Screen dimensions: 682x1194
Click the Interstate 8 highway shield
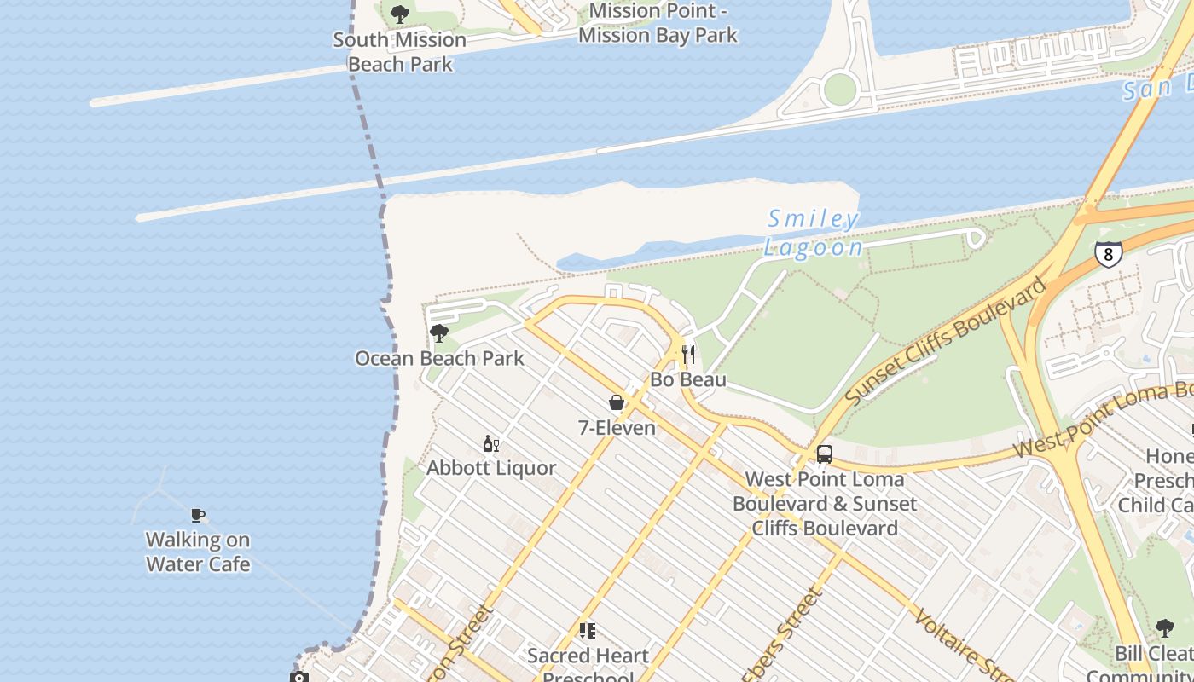point(1108,253)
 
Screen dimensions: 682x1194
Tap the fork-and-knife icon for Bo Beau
point(688,355)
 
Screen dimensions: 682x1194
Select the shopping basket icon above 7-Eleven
point(617,402)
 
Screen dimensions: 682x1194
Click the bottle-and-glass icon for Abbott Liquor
point(491,443)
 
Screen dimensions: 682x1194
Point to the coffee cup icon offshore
point(197,515)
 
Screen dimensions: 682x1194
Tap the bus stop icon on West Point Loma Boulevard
point(824,454)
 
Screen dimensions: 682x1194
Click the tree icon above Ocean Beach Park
point(439,333)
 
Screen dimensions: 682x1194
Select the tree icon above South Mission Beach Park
point(399,14)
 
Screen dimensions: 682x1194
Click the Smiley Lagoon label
point(812,234)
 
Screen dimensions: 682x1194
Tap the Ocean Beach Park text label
point(439,358)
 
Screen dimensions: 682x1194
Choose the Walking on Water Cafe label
point(198,552)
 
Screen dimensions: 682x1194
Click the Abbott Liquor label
point(491,468)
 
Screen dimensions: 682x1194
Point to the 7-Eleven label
point(617,428)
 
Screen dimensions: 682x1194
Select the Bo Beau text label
point(688,379)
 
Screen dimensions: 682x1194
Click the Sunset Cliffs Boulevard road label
point(947,342)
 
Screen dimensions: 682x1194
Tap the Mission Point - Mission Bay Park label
point(658,23)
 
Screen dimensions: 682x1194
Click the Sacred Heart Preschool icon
point(587,631)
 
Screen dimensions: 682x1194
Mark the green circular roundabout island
point(840,89)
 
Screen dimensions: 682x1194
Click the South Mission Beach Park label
point(399,52)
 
